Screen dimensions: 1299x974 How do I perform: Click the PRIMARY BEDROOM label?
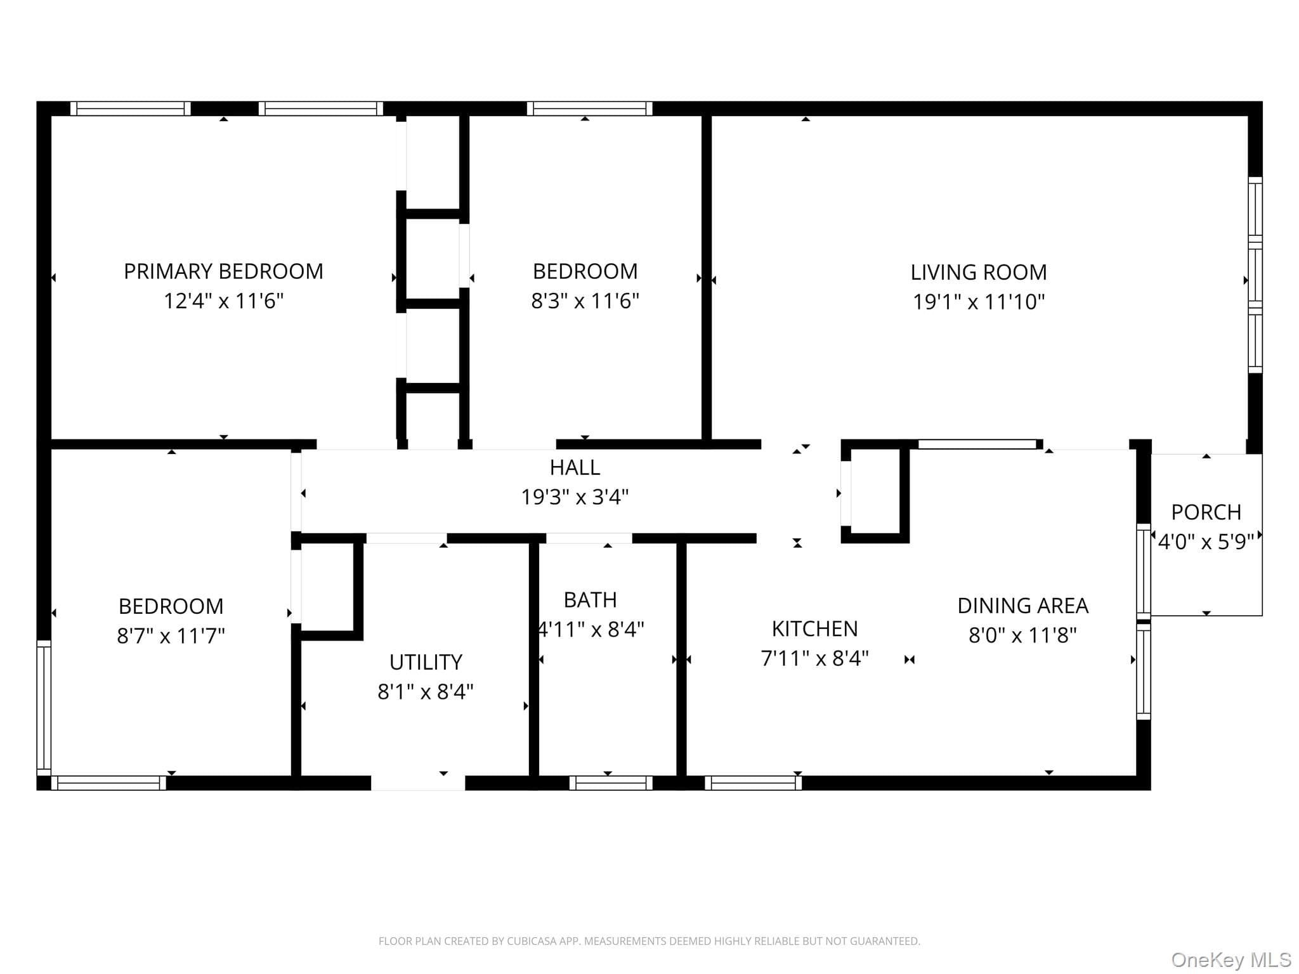point(223,271)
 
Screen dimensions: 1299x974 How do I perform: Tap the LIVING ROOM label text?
point(979,273)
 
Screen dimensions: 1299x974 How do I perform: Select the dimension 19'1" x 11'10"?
point(979,302)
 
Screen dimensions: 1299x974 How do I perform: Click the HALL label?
point(575,468)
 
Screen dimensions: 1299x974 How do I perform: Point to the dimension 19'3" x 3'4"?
point(575,497)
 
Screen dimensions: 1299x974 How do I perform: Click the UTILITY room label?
point(426,663)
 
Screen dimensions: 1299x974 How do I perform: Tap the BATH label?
point(591,600)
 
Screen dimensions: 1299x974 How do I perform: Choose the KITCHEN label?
point(815,629)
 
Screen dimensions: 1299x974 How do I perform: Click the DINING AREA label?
point(1023,606)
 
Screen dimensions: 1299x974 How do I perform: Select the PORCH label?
point(1206,512)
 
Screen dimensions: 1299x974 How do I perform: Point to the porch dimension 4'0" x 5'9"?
point(1206,542)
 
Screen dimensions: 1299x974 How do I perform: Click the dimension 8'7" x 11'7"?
point(171,635)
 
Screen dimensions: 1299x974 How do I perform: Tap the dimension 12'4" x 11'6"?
point(223,301)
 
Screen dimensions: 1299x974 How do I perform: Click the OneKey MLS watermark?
point(1231,960)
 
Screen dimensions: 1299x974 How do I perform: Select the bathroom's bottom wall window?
point(611,783)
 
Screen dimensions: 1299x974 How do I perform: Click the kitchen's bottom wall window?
point(753,783)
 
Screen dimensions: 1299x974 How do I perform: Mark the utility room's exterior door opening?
point(418,783)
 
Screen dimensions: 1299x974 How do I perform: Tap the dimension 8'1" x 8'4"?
point(426,692)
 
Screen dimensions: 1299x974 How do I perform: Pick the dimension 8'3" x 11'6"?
point(585,301)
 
